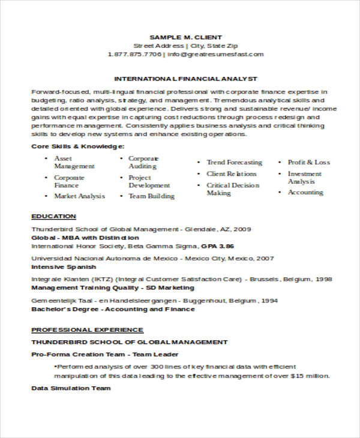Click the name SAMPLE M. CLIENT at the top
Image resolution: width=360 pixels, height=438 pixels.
pyautogui.click(x=185, y=37)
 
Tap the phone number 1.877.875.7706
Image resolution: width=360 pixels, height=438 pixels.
pyautogui.click(x=135, y=54)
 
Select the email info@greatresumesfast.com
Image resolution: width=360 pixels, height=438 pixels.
pyautogui.click(x=215, y=54)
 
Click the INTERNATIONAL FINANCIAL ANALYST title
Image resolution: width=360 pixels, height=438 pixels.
pyautogui.click(x=185, y=79)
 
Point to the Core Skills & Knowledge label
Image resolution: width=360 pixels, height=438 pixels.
pyautogui.click(x=78, y=146)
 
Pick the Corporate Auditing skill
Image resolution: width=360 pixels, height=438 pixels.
pyautogui.click(x=143, y=162)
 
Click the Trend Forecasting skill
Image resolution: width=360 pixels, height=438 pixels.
pyautogui.click(x=234, y=162)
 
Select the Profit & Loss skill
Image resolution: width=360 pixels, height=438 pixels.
pyautogui.click(x=308, y=162)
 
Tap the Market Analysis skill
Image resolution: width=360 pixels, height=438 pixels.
pyautogui.click(x=79, y=196)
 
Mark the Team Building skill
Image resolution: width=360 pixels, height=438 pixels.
pyautogui.click(x=151, y=196)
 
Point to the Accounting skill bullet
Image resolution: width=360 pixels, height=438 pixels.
pyautogui.click(x=305, y=193)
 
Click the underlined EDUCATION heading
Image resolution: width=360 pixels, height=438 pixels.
pyautogui.click(x=53, y=216)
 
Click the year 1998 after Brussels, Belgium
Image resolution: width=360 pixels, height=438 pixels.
pyautogui.click(x=323, y=280)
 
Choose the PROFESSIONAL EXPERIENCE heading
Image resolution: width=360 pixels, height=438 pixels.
pyautogui.click(x=87, y=329)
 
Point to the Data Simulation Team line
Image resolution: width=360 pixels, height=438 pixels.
pyautogui.click(x=71, y=388)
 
